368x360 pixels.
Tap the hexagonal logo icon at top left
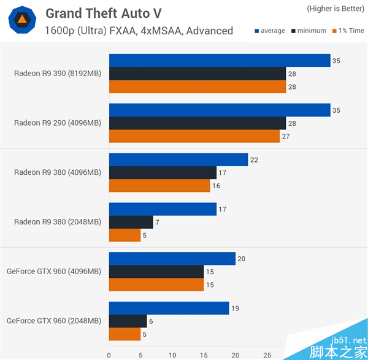tap(21, 21)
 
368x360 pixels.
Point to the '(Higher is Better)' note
tap(335, 9)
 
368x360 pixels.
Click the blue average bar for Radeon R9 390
tap(220, 61)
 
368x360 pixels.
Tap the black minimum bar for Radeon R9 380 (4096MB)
tap(163, 173)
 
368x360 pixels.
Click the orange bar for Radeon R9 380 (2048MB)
tap(125, 236)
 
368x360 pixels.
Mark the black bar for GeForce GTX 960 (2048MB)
tap(128, 321)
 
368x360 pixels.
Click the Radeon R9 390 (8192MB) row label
tap(58, 74)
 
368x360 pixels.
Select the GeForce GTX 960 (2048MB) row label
tap(53, 321)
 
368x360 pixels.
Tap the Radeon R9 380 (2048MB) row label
tap(58, 222)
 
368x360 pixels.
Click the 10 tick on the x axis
tap(172, 354)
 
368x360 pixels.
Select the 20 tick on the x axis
tap(236, 354)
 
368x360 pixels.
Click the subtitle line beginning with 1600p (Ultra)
tap(139, 31)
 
